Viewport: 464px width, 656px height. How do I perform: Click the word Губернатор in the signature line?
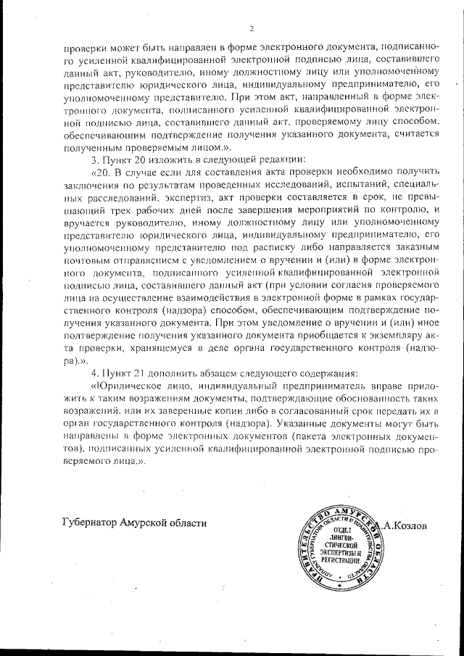(90, 523)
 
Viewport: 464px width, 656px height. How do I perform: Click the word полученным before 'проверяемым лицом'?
(91, 146)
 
